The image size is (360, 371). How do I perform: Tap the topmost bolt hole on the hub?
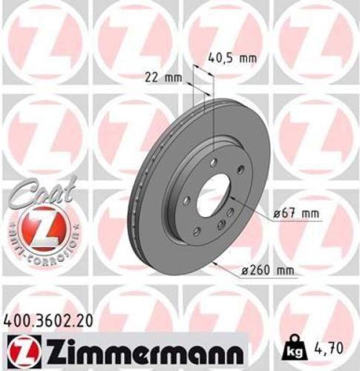click(x=214, y=161)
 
